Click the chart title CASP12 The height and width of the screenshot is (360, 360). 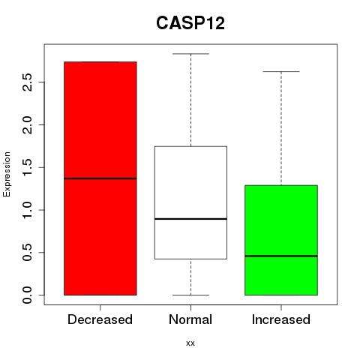(x=190, y=23)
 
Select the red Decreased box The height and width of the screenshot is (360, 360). (x=100, y=178)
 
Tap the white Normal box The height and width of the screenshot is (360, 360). (x=190, y=202)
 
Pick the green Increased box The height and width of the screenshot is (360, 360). (x=281, y=240)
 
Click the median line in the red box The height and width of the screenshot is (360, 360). (x=100, y=178)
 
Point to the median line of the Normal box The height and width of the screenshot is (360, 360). (x=190, y=219)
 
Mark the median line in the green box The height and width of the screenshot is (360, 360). (x=281, y=256)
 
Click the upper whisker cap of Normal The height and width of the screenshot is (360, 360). (x=190, y=54)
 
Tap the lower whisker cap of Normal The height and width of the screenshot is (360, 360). (x=190, y=295)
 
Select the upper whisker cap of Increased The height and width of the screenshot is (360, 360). (x=281, y=72)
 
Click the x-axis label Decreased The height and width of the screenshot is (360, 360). (x=100, y=319)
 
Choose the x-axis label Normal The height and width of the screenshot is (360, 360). (x=190, y=319)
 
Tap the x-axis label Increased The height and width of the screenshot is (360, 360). (x=281, y=319)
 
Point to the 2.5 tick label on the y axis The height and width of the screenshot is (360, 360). (x=27, y=82)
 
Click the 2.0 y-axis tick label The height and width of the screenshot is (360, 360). (x=27, y=124)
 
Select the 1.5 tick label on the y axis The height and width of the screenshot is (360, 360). (x=27, y=167)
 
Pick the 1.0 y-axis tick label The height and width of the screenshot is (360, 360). (x=27, y=210)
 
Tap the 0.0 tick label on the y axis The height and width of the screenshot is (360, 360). (x=27, y=295)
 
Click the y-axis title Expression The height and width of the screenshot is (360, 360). (x=7, y=174)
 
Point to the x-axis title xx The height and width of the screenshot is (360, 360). (x=190, y=343)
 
